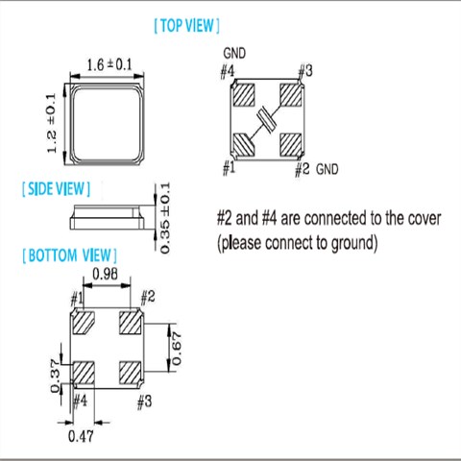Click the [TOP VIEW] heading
(x=186, y=26)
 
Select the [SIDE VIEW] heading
(x=54, y=189)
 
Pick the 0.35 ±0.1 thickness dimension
(x=164, y=218)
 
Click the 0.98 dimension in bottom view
(x=105, y=276)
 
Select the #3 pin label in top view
(x=305, y=70)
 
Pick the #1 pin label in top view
(x=229, y=168)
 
